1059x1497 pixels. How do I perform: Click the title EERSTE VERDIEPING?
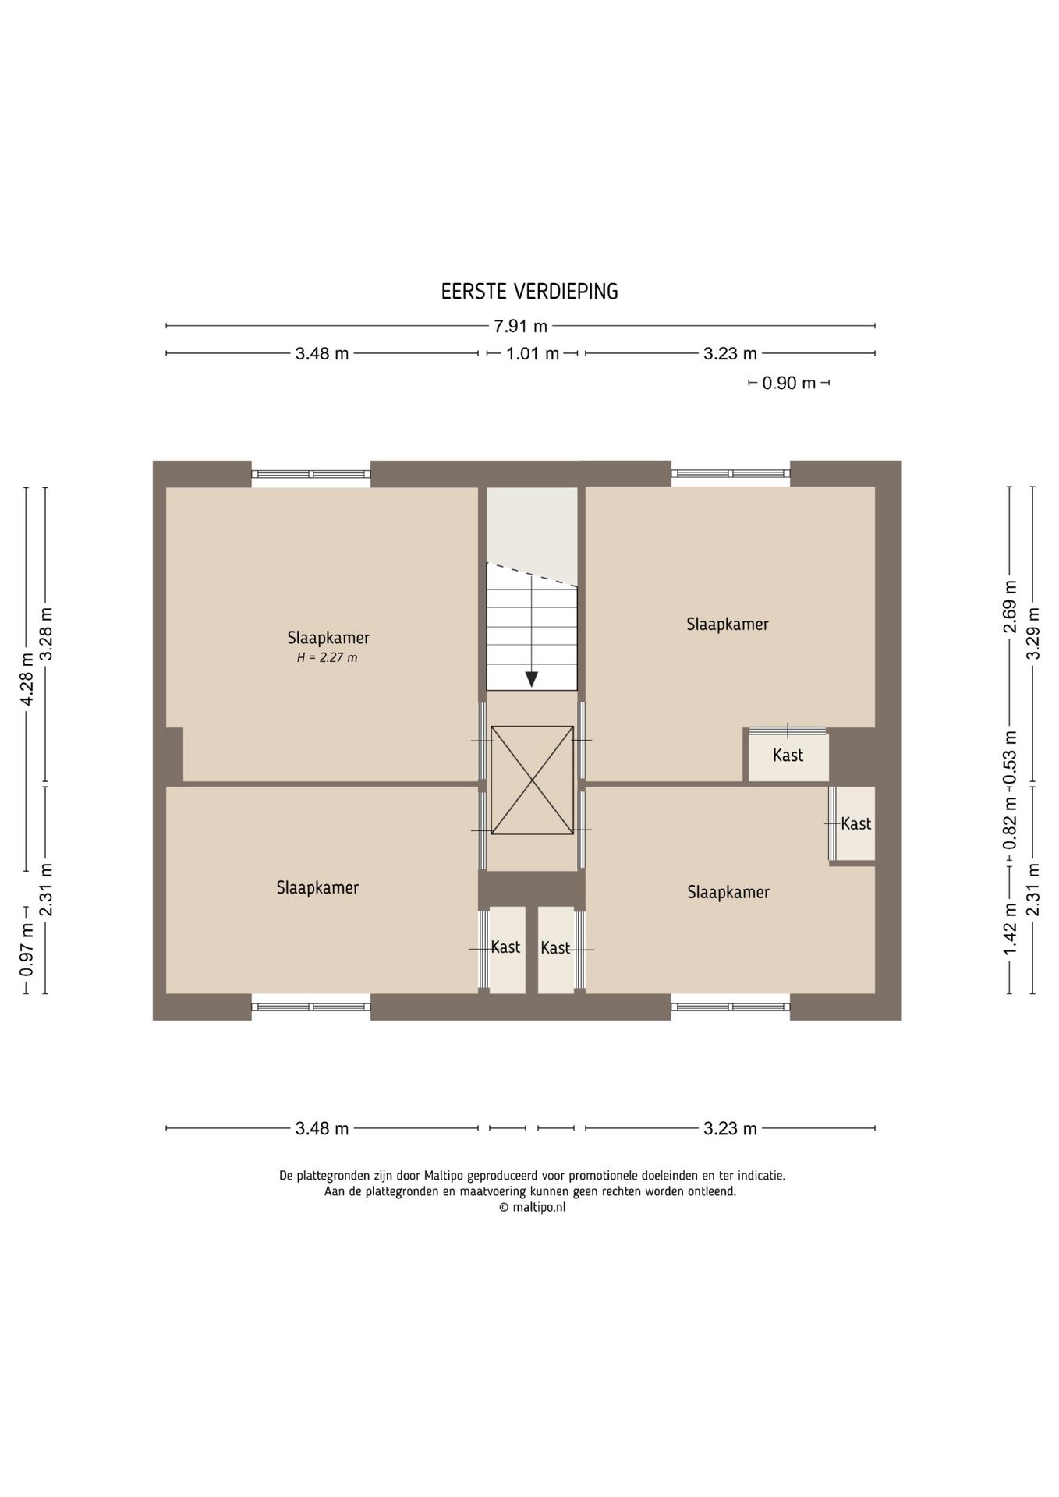[529, 292]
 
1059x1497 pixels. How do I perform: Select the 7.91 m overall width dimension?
[520, 326]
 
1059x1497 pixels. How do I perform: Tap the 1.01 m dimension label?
[532, 354]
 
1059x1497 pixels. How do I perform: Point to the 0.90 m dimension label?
[788, 383]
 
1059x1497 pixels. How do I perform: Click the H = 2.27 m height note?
[327, 658]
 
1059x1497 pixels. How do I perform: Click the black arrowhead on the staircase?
[531, 678]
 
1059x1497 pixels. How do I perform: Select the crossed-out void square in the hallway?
[532, 780]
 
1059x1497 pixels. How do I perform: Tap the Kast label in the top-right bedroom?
[788, 755]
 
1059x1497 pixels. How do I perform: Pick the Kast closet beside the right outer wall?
[855, 823]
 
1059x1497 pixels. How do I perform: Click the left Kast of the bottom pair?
[505, 947]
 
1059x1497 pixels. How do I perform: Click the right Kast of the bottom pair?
[555, 948]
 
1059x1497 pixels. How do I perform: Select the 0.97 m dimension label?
[27, 949]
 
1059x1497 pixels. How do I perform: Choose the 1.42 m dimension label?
[1010, 929]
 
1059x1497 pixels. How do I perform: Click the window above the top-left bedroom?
[310, 474]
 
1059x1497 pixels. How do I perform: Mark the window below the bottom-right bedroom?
[730, 1007]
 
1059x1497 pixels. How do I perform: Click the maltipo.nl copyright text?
[532, 1207]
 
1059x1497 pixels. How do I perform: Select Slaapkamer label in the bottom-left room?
[317, 887]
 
